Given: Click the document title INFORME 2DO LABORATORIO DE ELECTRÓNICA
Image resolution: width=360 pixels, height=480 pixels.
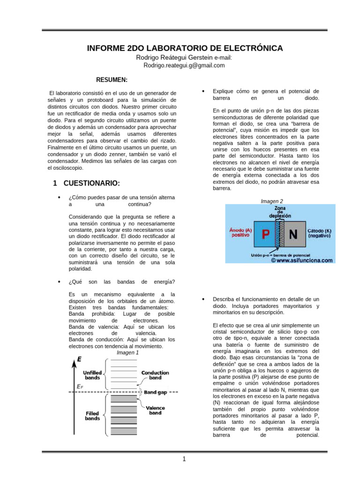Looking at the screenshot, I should [185, 48].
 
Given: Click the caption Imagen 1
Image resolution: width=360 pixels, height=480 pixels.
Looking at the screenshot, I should [127, 352].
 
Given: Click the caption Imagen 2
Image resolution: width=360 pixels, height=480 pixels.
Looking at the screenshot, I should [272, 201].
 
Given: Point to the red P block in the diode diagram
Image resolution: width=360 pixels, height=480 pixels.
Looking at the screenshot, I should [265, 234].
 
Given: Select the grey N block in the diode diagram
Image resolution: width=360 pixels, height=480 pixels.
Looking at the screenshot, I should [293, 234].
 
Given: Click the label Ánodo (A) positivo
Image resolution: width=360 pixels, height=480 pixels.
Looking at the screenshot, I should [240, 233].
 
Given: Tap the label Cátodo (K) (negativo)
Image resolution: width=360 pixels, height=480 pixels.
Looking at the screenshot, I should [320, 233].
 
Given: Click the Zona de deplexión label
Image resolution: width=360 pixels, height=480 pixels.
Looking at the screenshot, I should [280, 212].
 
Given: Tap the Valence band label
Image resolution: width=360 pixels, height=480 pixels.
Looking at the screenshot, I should [155, 410].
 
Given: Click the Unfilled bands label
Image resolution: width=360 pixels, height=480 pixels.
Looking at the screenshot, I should [92, 375].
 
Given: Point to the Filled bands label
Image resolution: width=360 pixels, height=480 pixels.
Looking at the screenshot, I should [92, 416].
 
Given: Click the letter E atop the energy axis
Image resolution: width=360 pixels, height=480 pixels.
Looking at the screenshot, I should [80, 360].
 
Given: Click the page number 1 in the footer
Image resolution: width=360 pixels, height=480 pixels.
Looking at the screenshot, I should [185, 459].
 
